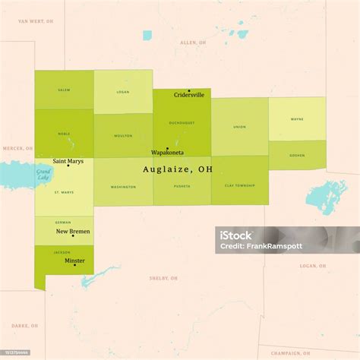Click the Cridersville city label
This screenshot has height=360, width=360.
coord(188,95)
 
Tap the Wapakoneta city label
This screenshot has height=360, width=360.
coord(167,153)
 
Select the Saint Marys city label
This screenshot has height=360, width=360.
coord(68,161)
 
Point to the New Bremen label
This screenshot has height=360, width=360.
coord(73,231)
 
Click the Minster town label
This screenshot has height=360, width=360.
coord(74,261)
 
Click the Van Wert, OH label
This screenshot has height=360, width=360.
coord(36,21)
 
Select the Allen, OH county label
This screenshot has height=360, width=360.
coord(193,43)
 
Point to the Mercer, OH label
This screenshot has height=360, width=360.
coord(17,148)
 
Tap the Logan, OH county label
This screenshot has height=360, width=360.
coord(312,266)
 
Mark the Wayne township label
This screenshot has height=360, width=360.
coord(297,119)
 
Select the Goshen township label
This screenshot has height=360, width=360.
coord(297,154)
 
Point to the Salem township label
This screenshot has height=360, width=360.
coord(64,90)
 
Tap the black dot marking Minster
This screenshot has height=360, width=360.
coord(74,265)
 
